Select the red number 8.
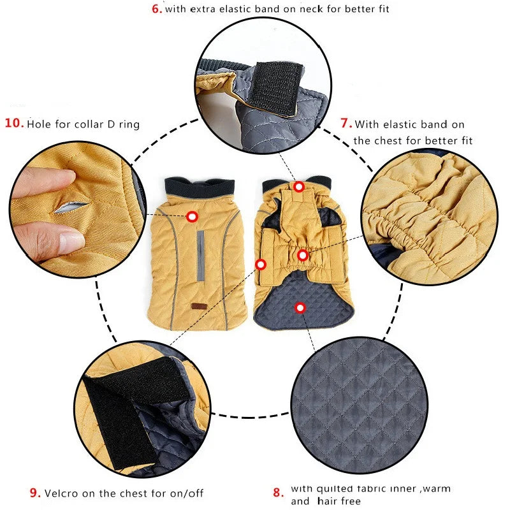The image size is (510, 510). coord(278,492)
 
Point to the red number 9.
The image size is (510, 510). coord(36,492)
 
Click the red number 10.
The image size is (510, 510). coord(14,122)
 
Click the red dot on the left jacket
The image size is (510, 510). coord(192,217)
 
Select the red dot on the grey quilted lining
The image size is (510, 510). coord(300,308)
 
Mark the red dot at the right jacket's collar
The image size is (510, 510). coord(299,186)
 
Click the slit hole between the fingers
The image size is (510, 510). coord(71,208)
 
